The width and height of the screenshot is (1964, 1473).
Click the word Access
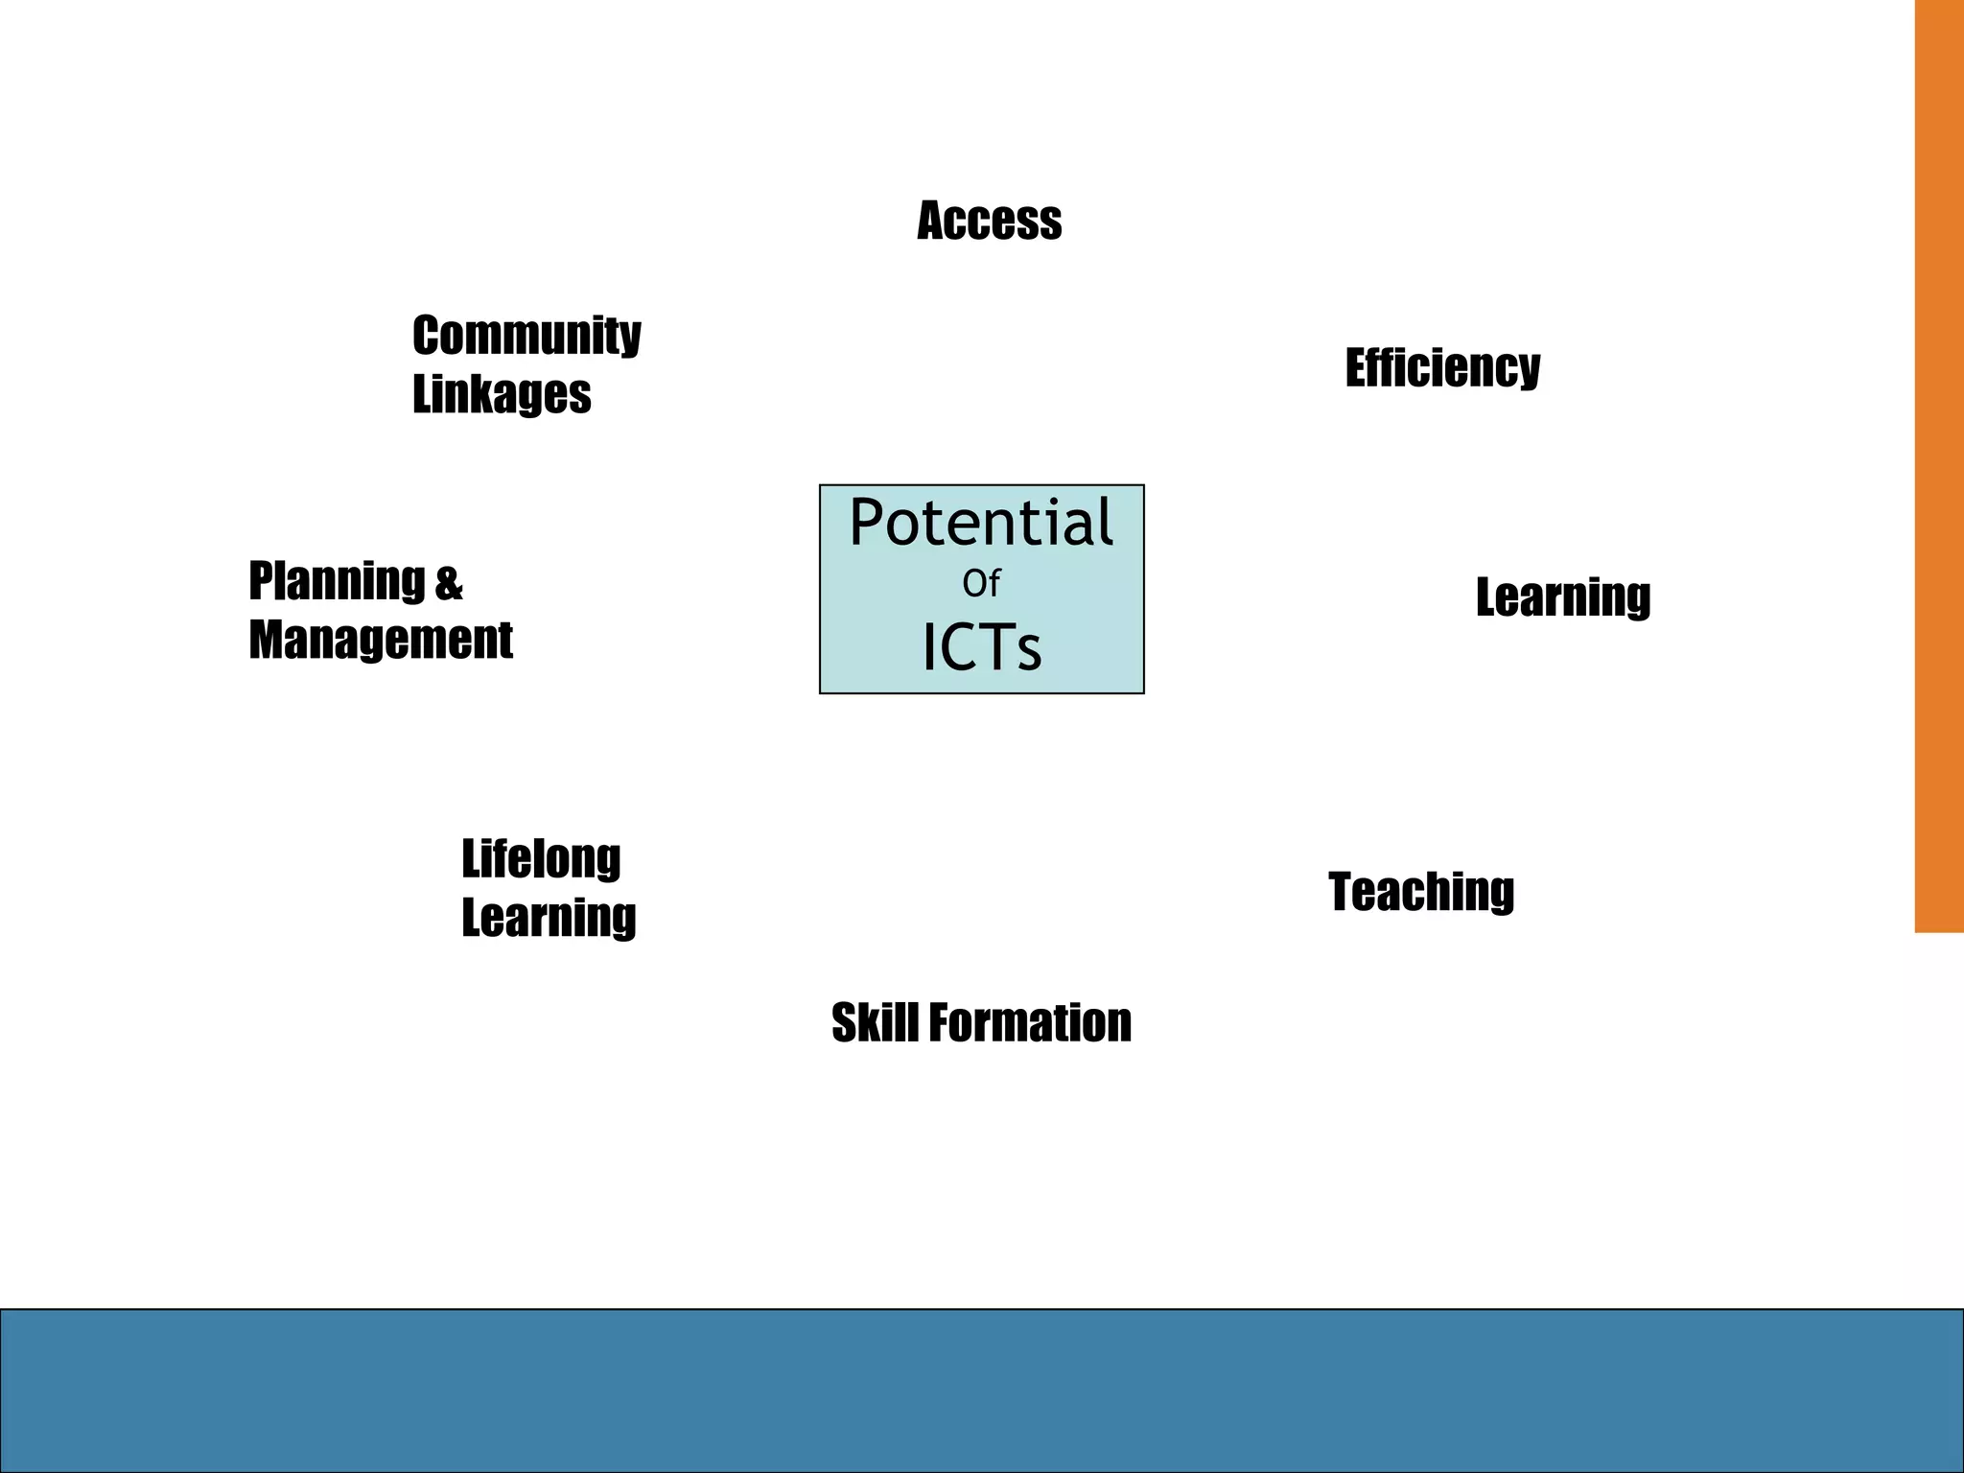click(989, 221)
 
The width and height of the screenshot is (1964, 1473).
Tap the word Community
click(526, 336)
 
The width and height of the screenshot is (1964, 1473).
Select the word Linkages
click(502, 394)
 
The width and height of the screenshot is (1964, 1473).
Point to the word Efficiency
click(1442, 368)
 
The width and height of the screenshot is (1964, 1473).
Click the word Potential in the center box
click(981, 523)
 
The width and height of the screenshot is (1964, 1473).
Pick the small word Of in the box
click(981, 583)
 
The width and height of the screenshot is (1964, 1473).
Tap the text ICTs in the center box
click(981, 647)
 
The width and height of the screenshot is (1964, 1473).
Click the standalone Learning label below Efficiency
click(1563, 597)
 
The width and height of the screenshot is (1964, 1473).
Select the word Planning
click(337, 581)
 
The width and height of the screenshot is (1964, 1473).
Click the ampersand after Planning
click(449, 583)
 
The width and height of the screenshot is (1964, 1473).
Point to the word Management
click(381, 640)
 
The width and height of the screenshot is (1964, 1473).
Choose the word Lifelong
click(541, 859)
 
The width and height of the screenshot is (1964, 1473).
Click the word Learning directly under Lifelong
click(549, 918)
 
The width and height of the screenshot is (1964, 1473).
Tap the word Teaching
click(1421, 892)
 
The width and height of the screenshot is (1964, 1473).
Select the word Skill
click(875, 1022)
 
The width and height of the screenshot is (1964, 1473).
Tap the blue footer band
click(982, 1391)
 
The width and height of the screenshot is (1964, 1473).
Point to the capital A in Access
click(933, 221)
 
